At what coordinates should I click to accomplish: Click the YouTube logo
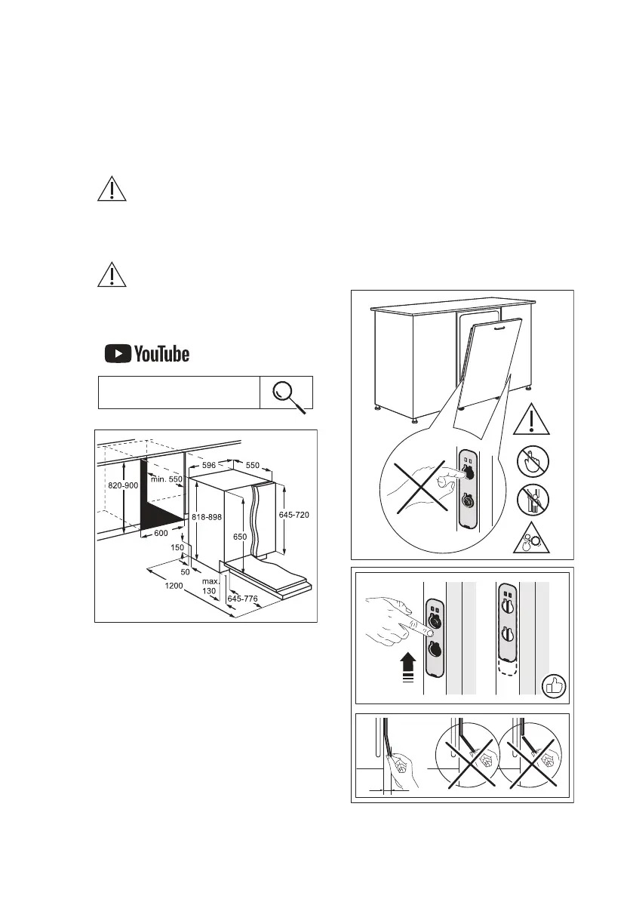point(146,353)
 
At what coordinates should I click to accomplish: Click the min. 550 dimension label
point(167,480)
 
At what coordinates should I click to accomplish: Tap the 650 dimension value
point(240,536)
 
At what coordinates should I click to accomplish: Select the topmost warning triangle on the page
point(112,188)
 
